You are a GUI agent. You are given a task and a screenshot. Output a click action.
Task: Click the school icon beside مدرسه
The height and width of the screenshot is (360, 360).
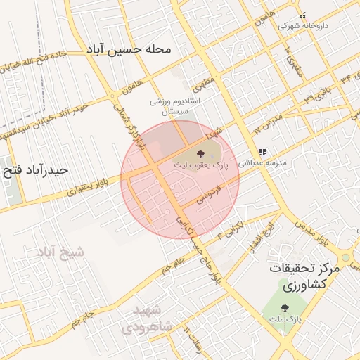tap(262, 151)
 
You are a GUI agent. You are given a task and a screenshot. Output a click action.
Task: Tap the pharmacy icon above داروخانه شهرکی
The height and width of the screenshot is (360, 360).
tap(302, 16)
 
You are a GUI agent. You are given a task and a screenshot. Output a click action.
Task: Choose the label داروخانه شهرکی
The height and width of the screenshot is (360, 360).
tap(302, 25)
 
